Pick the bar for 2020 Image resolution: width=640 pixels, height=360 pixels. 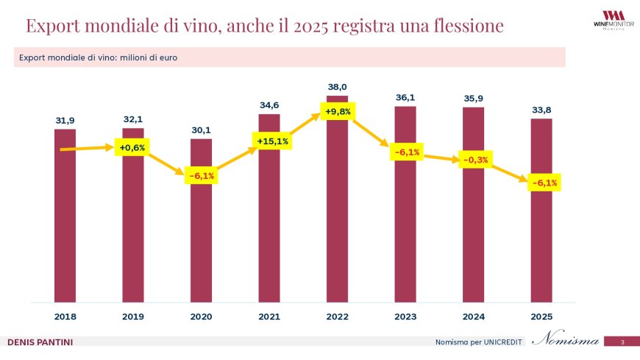click(201, 236)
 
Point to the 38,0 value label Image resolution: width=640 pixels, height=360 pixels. click(338, 87)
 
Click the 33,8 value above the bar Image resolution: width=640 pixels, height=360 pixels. click(541, 110)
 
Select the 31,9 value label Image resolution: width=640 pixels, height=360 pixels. click(65, 120)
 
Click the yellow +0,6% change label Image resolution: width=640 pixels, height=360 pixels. click(132, 147)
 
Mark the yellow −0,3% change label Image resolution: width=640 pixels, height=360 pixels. click(474, 159)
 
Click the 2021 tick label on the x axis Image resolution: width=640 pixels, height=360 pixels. click(269, 316)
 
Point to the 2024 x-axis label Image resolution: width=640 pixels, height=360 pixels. click(473, 316)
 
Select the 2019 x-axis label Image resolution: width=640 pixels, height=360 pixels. click(133, 316)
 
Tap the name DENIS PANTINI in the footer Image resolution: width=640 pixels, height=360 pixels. click(40, 342)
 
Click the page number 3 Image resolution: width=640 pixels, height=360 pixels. click(622, 342)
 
